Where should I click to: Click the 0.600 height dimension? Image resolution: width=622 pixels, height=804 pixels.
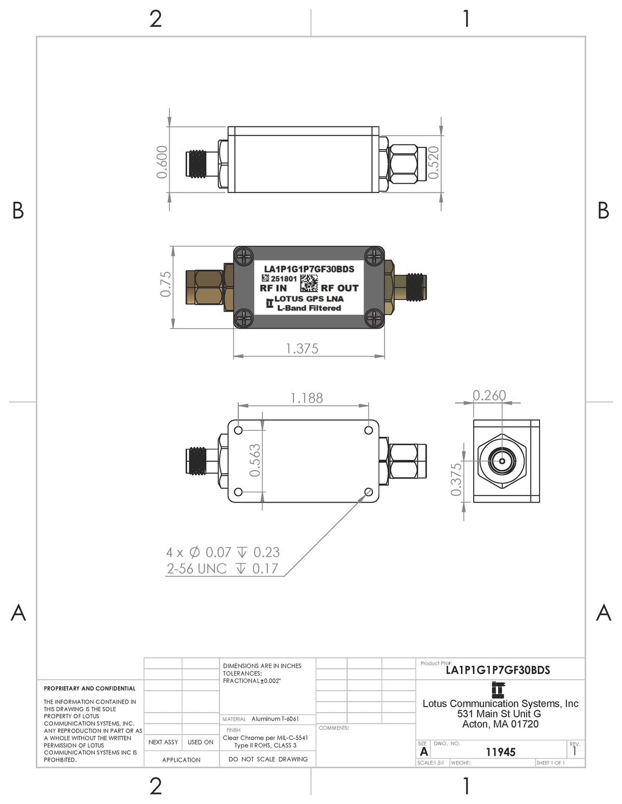162,162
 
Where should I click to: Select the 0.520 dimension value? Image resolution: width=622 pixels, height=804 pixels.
434,163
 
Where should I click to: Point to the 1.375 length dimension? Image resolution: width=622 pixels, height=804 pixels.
302,348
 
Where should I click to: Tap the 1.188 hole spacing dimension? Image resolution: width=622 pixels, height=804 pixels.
306,398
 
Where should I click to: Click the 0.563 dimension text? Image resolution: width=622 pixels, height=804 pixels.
255,460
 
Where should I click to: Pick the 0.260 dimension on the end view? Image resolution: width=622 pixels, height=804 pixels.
489,396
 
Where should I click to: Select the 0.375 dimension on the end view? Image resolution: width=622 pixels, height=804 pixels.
456,479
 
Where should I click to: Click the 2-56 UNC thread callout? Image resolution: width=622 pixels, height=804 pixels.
222,568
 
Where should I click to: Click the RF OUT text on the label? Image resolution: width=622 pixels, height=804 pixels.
340,288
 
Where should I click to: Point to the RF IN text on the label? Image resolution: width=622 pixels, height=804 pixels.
273,288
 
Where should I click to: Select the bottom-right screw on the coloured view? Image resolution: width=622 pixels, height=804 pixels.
374,318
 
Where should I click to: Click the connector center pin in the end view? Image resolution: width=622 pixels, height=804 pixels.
502,460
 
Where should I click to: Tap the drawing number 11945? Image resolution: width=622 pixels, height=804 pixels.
500,752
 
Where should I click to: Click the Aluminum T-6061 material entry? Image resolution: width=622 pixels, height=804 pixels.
275,719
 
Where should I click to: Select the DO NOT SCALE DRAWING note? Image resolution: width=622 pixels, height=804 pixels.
268,759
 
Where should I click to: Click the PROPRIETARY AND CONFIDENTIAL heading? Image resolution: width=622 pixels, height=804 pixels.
90,689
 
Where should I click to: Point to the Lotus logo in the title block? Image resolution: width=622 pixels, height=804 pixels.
498,690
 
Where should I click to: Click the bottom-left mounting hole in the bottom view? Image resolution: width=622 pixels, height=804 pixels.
238,492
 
